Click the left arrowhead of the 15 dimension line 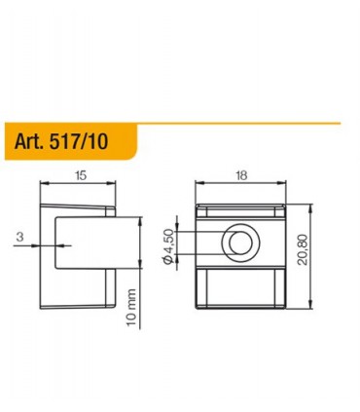pos(42,185)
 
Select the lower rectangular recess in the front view pos(236,287)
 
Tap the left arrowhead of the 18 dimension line pos(199,185)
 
